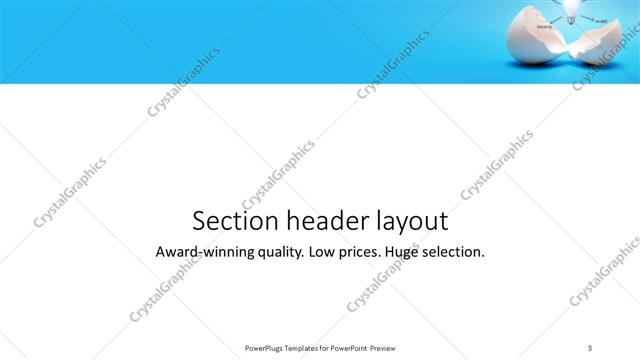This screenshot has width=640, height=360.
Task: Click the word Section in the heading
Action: tap(227, 221)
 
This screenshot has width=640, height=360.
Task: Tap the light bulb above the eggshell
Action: tap(574, 8)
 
